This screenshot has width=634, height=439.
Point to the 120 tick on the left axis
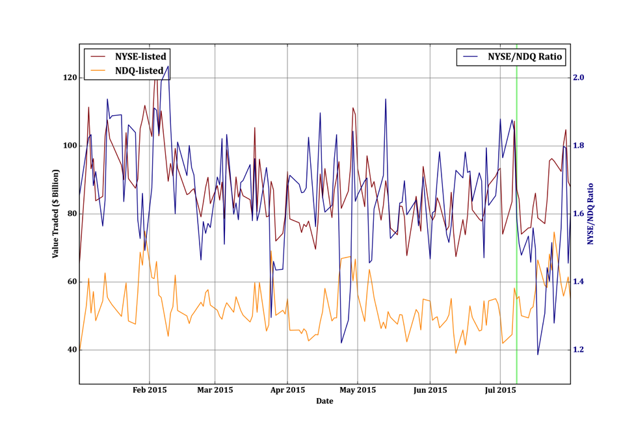tap(68, 77)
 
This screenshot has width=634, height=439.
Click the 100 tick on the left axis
tap(68, 146)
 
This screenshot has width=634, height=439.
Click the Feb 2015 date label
tap(150, 390)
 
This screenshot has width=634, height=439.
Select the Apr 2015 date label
tap(287, 390)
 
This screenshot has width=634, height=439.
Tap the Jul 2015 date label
tap(500, 390)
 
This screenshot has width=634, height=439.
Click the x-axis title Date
tap(324, 401)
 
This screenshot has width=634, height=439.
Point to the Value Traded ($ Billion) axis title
tap(56, 214)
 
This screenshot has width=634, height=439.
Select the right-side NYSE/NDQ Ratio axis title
tap(591, 214)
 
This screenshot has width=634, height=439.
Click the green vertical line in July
tap(516, 195)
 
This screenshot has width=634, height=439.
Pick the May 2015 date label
tap(358, 390)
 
